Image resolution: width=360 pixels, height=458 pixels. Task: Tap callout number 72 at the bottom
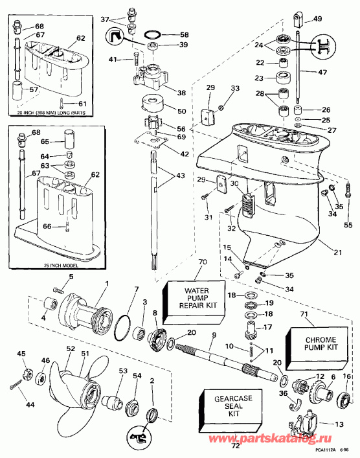(x=235, y=446)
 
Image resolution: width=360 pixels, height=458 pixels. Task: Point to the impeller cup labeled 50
(x=150, y=105)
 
